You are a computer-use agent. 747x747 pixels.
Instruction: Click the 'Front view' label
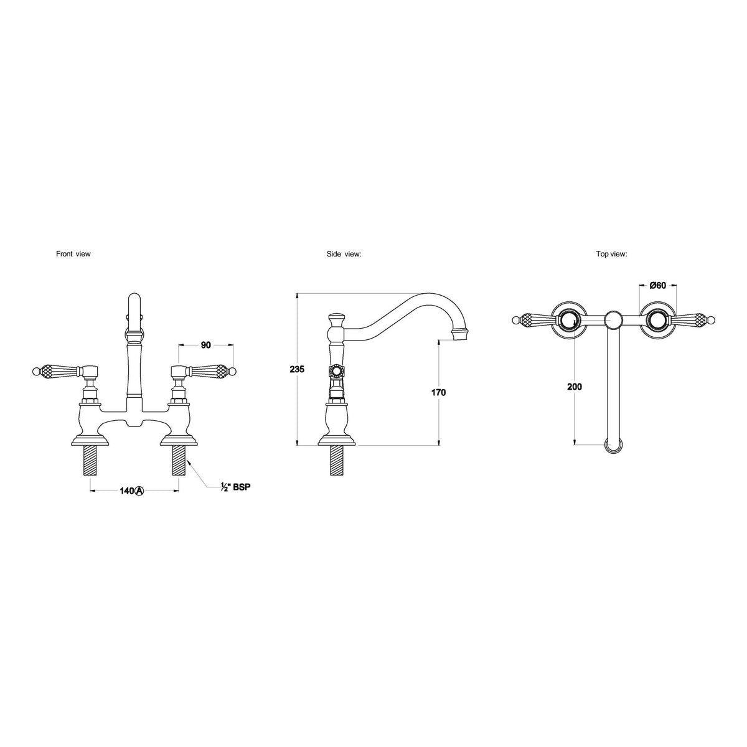point(73,254)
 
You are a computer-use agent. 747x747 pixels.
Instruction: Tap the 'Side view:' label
point(344,254)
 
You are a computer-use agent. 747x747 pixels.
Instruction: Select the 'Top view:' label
point(612,254)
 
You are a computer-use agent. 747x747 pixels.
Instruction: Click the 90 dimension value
point(206,345)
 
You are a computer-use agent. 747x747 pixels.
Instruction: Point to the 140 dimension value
point(126,491)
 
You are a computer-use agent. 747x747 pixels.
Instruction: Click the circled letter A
point(139,491)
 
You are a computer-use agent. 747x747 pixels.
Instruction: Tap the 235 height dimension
point(297,369)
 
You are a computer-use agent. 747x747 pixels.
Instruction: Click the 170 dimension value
point(438,392)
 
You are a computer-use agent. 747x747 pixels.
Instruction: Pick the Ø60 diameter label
point(657,285)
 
